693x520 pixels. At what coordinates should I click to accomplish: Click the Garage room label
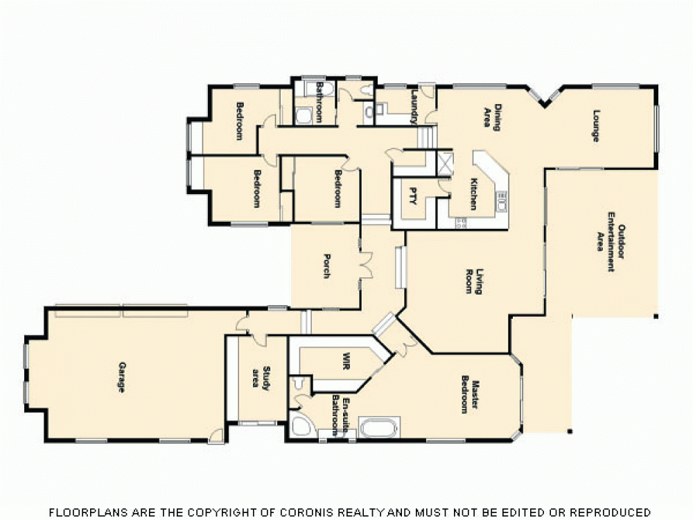(121, 377)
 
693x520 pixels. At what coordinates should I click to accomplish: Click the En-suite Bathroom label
(338, 415)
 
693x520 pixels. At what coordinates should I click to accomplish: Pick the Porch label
(326, 267)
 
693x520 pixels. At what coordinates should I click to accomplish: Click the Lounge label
(595, 125)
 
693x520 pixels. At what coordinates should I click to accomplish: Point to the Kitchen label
(473, 194)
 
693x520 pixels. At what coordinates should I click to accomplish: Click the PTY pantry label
(413, 196)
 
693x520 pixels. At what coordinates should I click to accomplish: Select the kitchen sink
(502, 202)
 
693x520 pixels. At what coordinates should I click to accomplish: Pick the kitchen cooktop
(460, 223)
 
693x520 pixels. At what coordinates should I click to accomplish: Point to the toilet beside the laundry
(369, 111)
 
